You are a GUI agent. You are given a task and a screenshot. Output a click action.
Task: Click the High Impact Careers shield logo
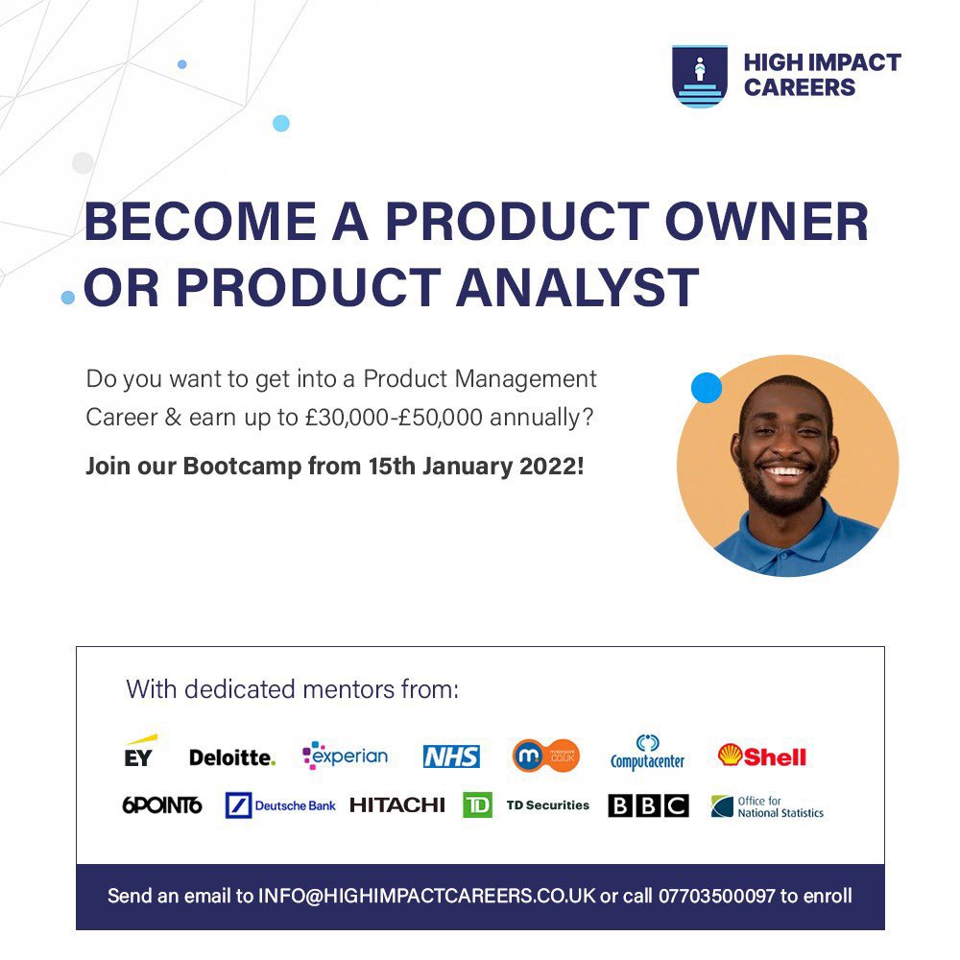699,76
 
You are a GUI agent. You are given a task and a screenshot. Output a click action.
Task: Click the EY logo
138,753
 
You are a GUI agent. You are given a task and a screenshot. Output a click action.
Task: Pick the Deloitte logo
231,757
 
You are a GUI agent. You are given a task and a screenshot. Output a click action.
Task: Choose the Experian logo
346,756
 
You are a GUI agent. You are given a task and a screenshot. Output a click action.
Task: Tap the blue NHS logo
451,756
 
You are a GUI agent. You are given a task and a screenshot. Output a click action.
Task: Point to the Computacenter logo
647,754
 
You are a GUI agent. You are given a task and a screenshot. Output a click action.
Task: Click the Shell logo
762,756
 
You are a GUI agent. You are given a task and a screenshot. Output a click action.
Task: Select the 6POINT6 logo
162,805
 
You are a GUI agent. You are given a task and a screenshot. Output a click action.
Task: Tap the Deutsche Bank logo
280,805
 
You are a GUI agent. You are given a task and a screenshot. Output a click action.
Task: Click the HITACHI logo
397,805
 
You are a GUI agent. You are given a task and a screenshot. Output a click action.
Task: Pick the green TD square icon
477,804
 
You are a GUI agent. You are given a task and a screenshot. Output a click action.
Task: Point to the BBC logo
648,805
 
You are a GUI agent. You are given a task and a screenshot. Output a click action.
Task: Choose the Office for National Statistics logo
767,806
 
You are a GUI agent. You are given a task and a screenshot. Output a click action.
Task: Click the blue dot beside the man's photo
707,388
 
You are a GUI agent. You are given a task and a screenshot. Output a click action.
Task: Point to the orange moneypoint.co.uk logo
545,756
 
